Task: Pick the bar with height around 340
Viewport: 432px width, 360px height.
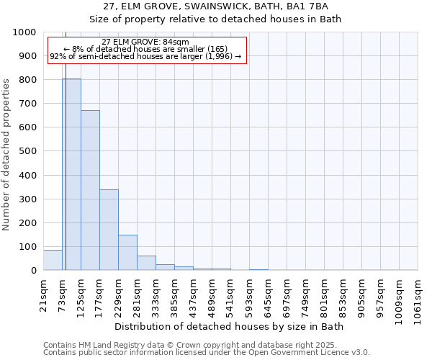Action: (109, 230)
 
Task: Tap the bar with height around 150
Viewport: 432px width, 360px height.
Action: (127, 253)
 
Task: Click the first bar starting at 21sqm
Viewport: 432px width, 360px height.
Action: (53, 260)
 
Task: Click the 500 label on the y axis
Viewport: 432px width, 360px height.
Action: (27, 151)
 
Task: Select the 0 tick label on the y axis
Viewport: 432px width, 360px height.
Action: (34, 271)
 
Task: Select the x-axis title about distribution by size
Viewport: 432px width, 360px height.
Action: (230, 327)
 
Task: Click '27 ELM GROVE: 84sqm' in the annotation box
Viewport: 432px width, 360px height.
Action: (146, 42)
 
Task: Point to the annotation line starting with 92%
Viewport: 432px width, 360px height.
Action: (146, 57)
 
